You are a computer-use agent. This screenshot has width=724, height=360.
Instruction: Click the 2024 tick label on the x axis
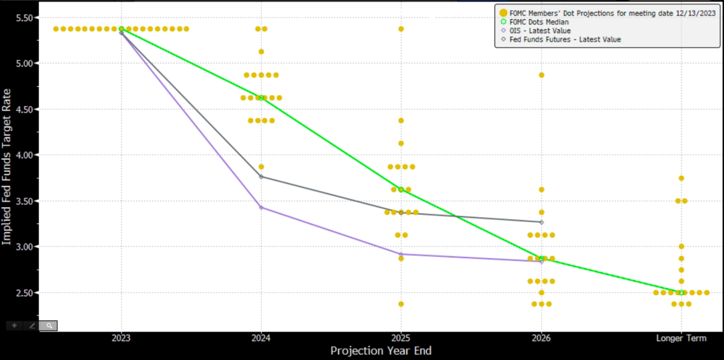[x=261, y=338]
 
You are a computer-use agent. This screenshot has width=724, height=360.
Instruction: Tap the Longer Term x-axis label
[x=681, y=338]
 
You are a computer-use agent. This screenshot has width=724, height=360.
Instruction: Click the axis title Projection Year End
[x=380, y=351]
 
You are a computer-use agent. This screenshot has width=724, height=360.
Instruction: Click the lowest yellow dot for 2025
[x=401, y=304]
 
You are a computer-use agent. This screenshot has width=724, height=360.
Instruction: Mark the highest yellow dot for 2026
[x=542, y=75]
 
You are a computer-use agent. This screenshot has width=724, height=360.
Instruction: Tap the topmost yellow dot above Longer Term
[x=681, y=178]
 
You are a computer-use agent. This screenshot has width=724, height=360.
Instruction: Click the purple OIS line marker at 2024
[x=262, y=207]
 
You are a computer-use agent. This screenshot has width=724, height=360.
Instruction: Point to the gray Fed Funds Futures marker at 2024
[x=262, y=177]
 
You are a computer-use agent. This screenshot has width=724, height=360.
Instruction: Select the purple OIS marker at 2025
[x=401, y=254]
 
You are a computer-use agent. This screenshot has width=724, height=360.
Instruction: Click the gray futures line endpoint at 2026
[x=542, y=222]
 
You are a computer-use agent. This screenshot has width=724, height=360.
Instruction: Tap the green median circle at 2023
[x=122, y=29]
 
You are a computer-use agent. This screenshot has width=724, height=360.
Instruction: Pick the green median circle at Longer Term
[x=681, y=292]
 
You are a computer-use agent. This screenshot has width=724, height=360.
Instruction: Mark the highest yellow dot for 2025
[x=401, y=29]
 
